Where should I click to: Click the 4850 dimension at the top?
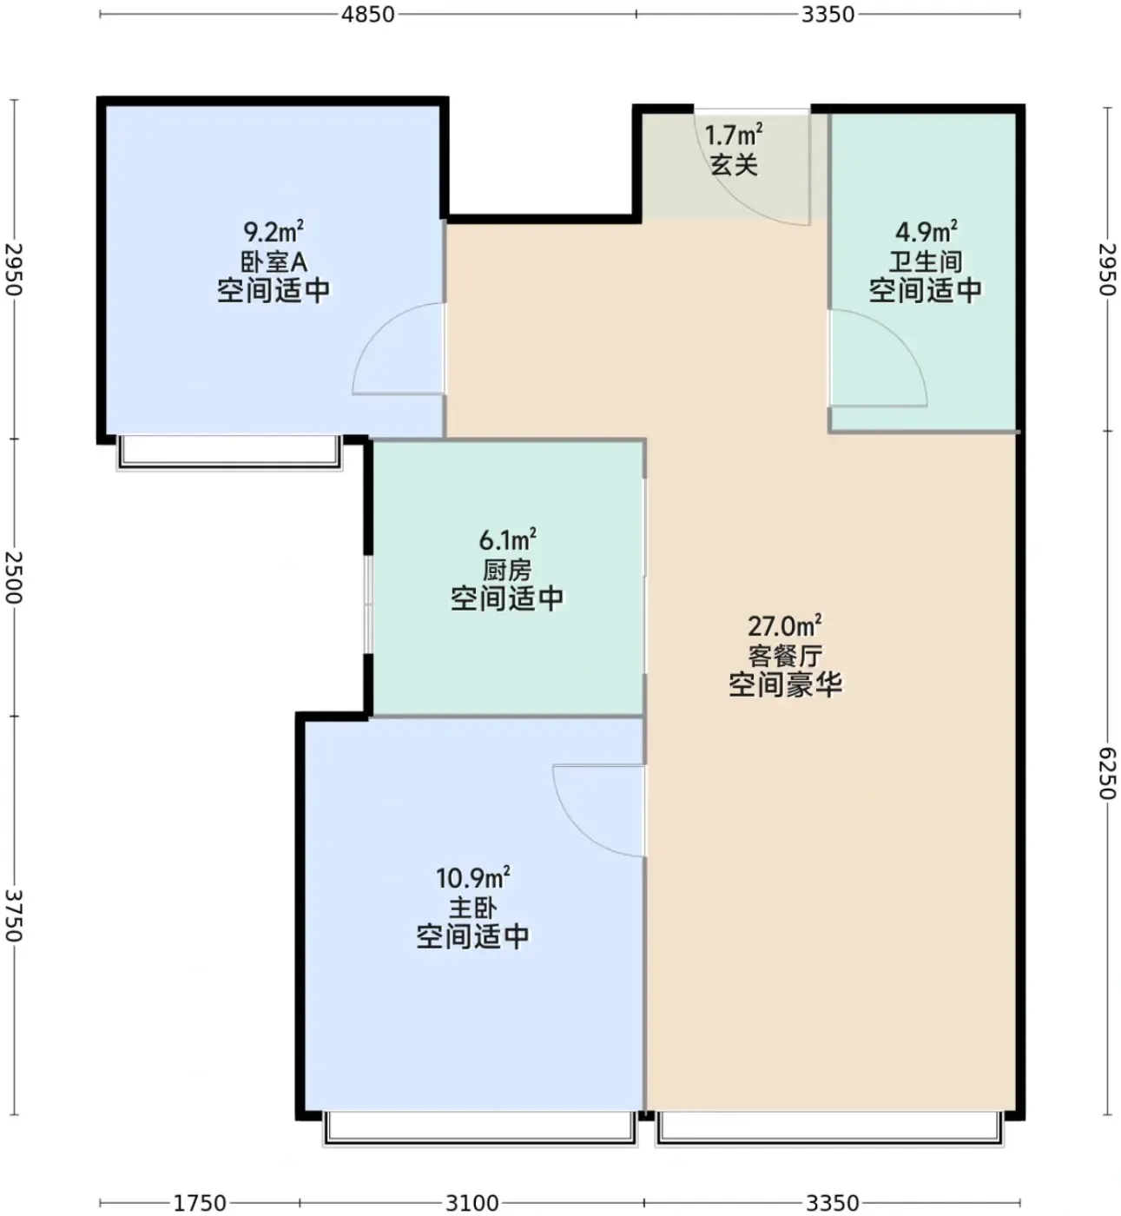point(367,14)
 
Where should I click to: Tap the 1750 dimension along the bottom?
point(201,1202)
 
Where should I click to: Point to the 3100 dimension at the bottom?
point(471,1202)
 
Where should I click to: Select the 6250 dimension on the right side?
point(1108,773)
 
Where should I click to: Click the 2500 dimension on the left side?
point(14,578)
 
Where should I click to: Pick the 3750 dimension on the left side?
point(14,915)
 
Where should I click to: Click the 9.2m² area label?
point(274,231)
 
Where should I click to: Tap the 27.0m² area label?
point(784,625)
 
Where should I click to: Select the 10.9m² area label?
point(472,878)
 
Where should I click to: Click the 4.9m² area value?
point(926,231)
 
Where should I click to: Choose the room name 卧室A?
point(274,262)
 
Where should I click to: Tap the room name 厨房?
point(508,571)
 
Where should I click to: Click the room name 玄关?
point(734,165)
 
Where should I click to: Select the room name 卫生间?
point(926,262)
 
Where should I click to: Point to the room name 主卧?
point(472,908)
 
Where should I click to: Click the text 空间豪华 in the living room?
point(785,684)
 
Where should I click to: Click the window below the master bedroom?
point(480,1128)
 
